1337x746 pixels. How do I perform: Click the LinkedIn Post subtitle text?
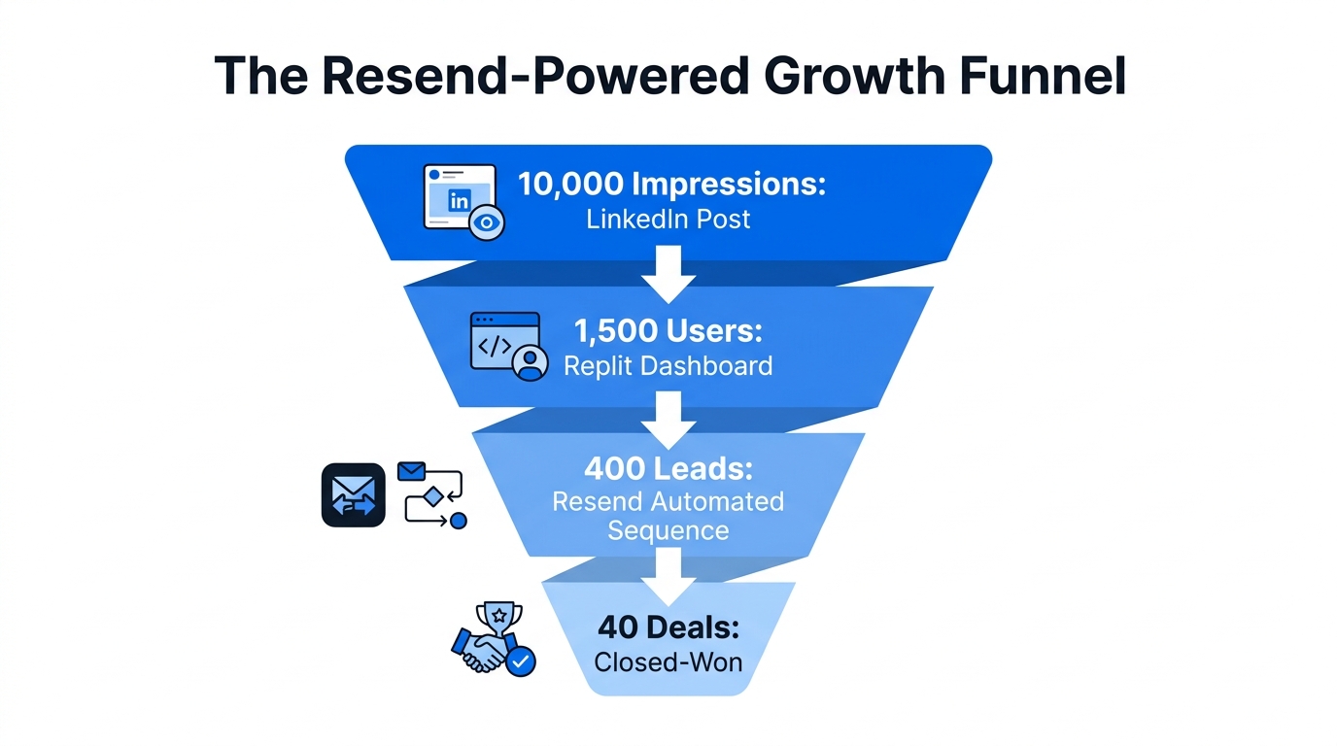[668, 219]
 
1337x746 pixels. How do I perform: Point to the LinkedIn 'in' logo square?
[459, 201]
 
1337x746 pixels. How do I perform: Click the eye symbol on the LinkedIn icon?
[487, 222]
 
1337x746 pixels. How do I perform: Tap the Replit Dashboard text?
[668, 365]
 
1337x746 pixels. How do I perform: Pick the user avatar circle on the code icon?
[530, 363]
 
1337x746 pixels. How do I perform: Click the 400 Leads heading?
[668, 469]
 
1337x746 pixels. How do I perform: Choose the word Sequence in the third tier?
[668, 531]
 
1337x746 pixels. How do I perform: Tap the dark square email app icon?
[354, 495]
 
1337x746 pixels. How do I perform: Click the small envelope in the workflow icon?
[412, 472]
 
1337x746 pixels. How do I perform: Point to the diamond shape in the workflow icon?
[433, 496]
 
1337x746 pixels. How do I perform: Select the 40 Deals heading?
[668, 627]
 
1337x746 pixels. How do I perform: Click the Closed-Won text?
[668, 662]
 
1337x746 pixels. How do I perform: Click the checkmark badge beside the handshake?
[521, 661]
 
